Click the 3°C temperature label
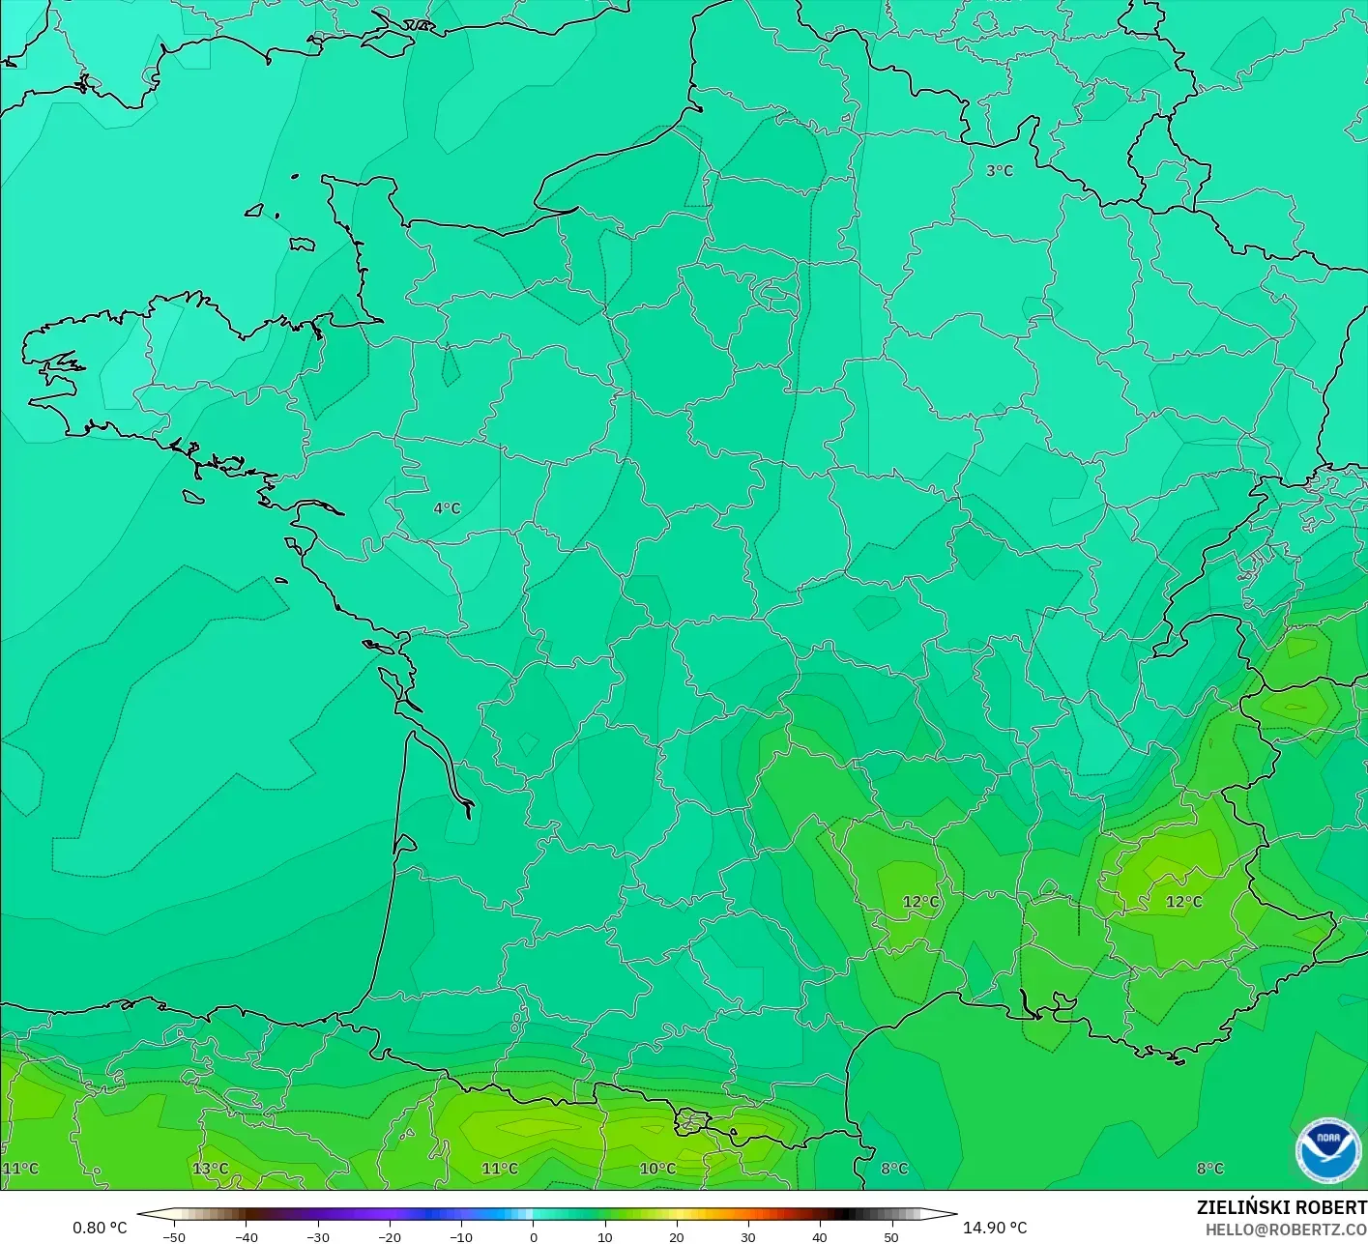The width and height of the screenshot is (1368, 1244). pyautogui.click(x=1000, y=171)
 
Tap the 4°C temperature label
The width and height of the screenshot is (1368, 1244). pyautogui.click(x=447, y=508)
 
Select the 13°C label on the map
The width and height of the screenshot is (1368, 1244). pyautogui.click(x=211, y=1169)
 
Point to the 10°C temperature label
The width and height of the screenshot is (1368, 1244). pyautogui.click(x=657, y=1169)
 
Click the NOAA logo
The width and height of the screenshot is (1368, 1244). pyautogui.click(x=1328, y=1150)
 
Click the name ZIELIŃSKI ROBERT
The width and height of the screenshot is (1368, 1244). pyautogui.click(x=1281, y=1207)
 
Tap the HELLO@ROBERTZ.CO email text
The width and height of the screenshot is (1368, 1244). pyautogui.click(x=1286, y=1230)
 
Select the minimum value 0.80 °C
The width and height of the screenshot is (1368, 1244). pyautogui.click(x=100, y=1228)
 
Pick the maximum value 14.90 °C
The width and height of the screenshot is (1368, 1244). pyautogui.click(x=995, y=1228)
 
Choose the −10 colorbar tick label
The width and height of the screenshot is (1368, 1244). pyautogui.click(x=461, y=1236)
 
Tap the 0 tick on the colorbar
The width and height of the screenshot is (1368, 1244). pyautogui.click(x=533, y=1236)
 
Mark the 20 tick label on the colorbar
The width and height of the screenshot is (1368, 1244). pyautogui.click(x=676, y=1236)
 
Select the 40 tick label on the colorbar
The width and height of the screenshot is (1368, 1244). pyautogui.click(x=819, y=1236)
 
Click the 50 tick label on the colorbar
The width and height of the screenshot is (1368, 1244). pyautogui.click(x=890, y=1236)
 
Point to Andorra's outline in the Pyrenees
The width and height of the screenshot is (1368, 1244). pyautogui.click(x=691, y=1122)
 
